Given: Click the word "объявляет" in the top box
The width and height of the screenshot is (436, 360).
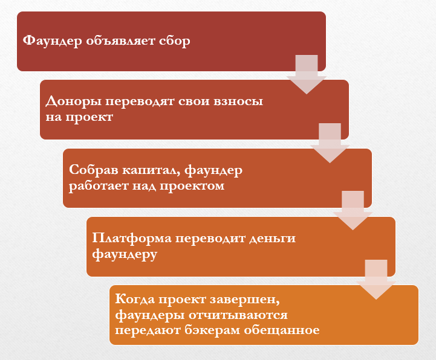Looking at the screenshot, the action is tap(120, 41).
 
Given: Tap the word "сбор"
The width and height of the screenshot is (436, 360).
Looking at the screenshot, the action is tap(175, 40).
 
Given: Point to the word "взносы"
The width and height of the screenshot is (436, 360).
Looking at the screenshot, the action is tap(238, 101).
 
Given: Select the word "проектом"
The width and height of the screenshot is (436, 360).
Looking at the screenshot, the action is tap(192, 186).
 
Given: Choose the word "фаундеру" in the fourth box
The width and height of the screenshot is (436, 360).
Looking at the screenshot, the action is tap(125, 254).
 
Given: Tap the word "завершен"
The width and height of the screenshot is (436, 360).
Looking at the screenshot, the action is tap(245, 300).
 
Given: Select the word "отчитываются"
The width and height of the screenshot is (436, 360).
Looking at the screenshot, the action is tap(238, 315).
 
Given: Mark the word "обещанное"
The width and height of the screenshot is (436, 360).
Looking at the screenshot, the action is tap(282, 330).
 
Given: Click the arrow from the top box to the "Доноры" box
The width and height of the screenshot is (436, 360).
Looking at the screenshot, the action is tap(307, 74).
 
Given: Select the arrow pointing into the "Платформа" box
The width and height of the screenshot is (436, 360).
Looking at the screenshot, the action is tap(353, 210).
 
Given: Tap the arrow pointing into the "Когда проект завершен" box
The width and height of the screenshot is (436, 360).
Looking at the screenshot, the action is tap(376, 280).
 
